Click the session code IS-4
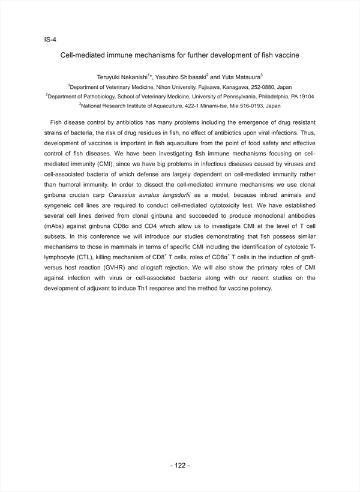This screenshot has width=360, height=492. click(50, 40)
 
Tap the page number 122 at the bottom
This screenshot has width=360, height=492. click(180, 466)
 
